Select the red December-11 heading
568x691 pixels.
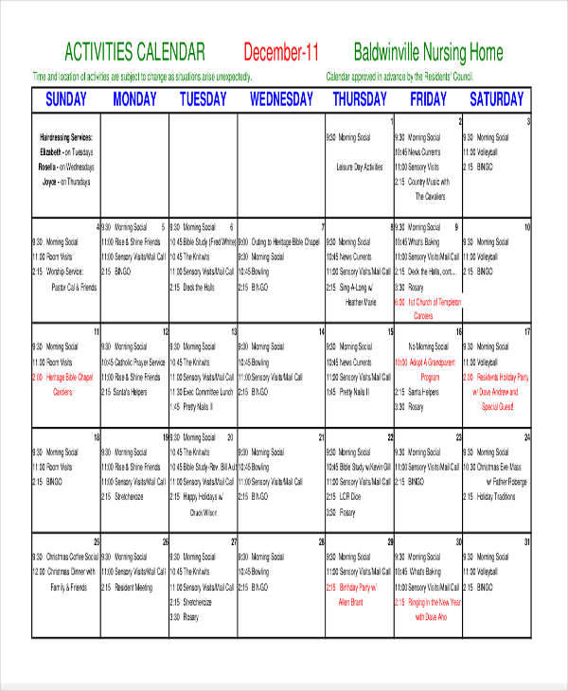[x=281, y=51]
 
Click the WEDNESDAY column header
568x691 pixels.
[x=281, y=98]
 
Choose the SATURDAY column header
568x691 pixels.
[x=496, y=98]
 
